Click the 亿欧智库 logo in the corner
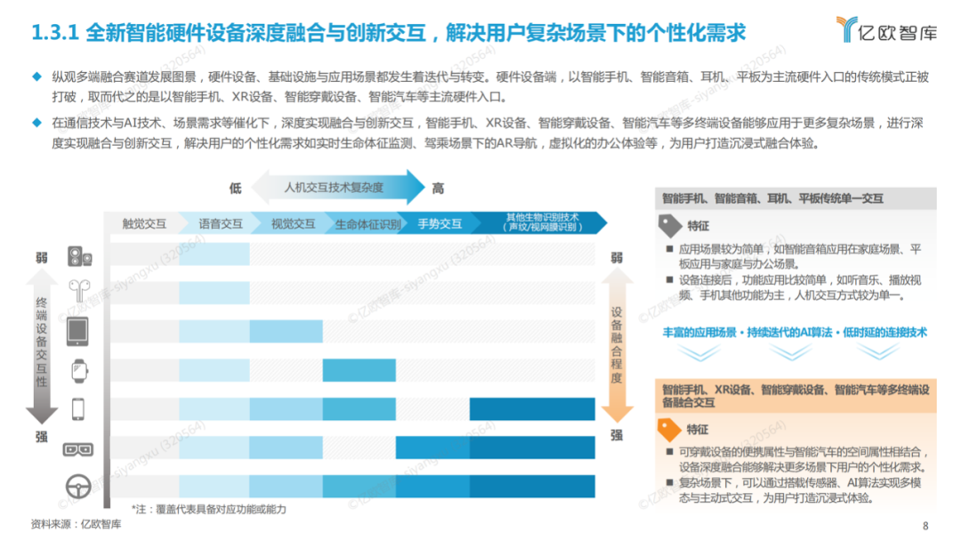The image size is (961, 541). pos(887,29)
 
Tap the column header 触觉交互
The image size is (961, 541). pos(144,223)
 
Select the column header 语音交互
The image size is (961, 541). pos(221,223)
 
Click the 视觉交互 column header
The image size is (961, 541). pos(293,223)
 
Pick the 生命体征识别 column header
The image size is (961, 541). pos(367,224)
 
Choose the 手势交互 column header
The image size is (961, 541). pos(440,223)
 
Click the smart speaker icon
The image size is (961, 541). pos(80,256)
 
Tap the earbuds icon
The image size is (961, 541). pos(80,290)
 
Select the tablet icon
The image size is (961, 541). pos(77,331)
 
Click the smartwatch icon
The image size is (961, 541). pos(79,371)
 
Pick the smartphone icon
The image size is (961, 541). pos(77,408)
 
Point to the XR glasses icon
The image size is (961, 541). pos(77,449)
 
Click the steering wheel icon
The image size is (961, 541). pos(78,487)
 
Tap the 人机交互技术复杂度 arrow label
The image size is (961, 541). pos(334,188)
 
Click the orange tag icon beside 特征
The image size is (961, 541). pos(668,429)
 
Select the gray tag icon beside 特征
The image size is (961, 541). pos(669,225)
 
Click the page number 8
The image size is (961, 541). pos(925,526)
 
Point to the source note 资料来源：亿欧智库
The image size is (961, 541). pos(76,524)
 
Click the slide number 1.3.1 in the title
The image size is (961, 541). pos(55,32)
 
